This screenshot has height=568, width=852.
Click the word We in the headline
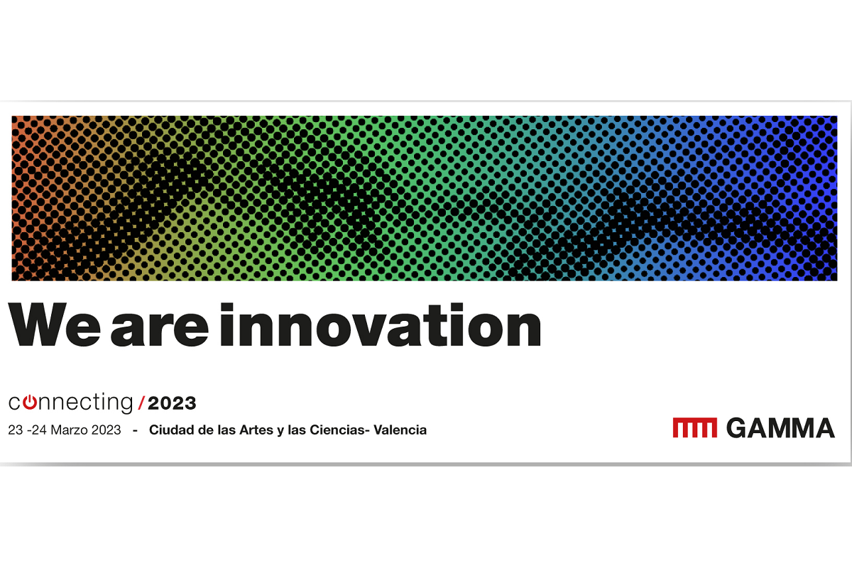[x=55, y=324]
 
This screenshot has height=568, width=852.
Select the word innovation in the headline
[x=381, y=324]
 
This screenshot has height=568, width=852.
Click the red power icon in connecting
[x=29, y=403]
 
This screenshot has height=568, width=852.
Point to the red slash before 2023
[x=141, y=403]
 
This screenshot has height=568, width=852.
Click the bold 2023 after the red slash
[x=172, y=403]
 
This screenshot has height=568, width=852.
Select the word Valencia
[x=400, y=430]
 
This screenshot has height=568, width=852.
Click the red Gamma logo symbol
[x=695, y=427]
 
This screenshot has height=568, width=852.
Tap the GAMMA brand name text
[x=781, y=428]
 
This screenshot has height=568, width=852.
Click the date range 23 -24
[x=28, y=430]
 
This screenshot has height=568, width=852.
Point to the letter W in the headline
[x=37, y=324]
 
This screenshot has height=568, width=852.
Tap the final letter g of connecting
[x=125, y=405]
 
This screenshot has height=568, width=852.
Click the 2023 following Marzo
[x=106, y=430]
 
